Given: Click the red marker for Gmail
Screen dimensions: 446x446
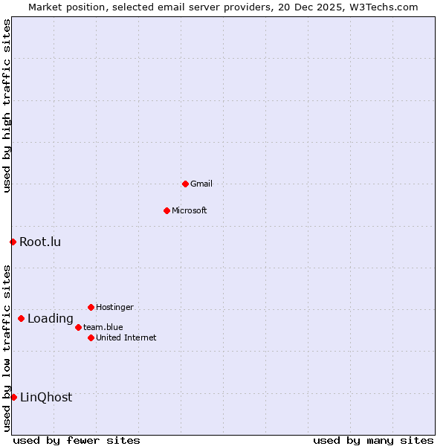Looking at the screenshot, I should tap(185, 184).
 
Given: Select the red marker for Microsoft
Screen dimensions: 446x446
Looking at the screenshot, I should tap(167, 210).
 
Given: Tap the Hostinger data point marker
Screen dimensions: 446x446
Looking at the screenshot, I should tap(91, 307).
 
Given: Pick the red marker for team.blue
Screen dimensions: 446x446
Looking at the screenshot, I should tap(78, 327).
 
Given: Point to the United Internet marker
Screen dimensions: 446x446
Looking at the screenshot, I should tap(91, 337).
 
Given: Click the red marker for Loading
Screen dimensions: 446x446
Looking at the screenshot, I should tap(21, 319).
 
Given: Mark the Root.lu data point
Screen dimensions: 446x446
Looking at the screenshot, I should tap(13, 242).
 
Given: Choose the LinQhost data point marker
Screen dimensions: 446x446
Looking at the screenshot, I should tap(13, 397).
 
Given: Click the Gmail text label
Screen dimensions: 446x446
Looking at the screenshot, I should tap(201, 184).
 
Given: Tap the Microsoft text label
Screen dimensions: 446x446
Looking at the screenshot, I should tap(189, 210).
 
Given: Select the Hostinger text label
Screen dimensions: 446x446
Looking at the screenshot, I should tap(114, 307).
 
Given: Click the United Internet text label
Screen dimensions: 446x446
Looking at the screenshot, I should tap(126, 337).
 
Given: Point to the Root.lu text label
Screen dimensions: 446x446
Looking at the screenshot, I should tap(40, 242).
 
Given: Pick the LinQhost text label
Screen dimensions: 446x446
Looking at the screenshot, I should tap(46, 397).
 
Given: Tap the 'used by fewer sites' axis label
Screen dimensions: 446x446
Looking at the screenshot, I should tap(77, 440).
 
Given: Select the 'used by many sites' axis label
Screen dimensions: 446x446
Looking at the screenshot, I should tap(373, 440).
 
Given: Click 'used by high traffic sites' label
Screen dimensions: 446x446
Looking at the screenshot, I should tap(7, 106).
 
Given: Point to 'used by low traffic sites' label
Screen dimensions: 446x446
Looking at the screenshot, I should tap(7, 348).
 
